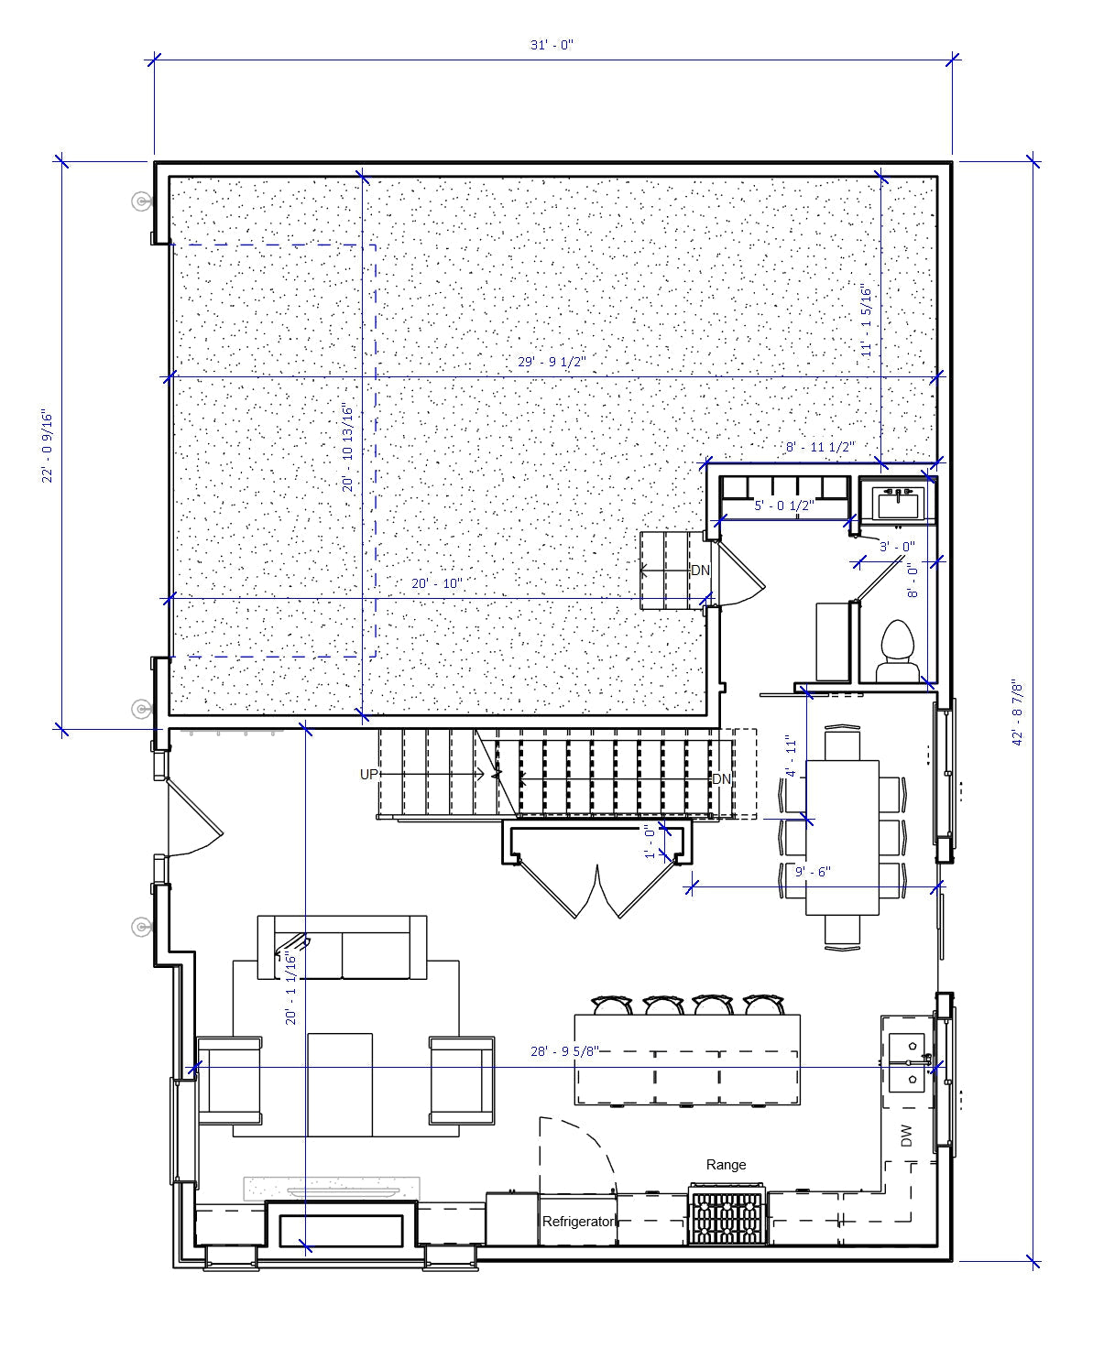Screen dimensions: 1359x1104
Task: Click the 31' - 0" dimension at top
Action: [551, 45]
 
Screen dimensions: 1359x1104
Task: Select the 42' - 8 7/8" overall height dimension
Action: [1018, 712]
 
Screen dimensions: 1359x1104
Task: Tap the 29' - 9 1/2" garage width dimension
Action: [551, 362]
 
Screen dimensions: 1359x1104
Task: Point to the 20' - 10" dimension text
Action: [436, 583]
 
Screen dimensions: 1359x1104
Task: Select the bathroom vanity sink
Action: [897, 503]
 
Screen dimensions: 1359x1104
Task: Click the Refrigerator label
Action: [577, 1222]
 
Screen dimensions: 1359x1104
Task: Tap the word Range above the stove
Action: [726, 1165]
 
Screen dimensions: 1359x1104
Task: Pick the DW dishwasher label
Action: [906, 1136]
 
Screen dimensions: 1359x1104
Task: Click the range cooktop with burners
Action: [727, 1216]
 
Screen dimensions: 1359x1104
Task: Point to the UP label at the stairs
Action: [368, 775]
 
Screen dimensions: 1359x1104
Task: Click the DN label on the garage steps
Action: [700, 571]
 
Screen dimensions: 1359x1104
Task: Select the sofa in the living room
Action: [342, 947]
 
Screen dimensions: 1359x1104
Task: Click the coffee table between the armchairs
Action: [340, 1084]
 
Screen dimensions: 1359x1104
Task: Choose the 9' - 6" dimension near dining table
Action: [812, 872]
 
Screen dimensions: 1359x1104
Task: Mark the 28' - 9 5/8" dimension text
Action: [564, 1051]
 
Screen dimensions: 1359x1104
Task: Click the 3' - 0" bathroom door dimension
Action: [897, 547]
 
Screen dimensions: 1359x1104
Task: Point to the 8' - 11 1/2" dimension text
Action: [820, 447]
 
